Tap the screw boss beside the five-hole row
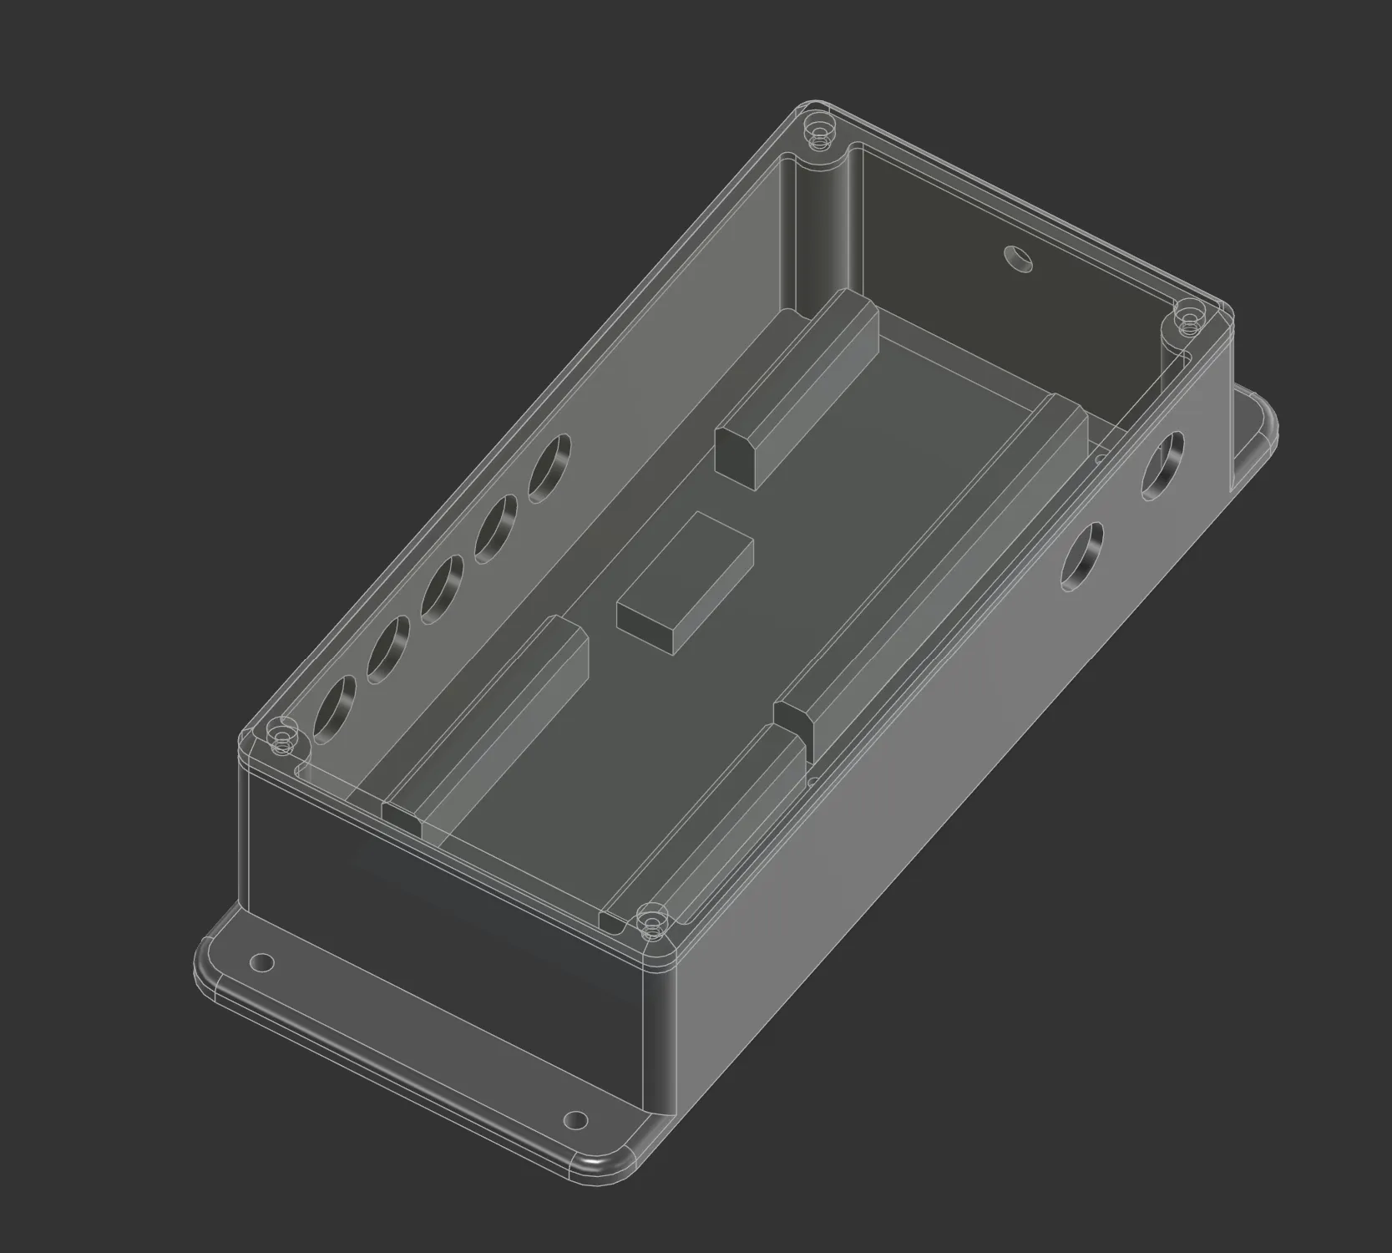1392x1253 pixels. [282, 738]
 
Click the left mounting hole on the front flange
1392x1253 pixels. [262, 962]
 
